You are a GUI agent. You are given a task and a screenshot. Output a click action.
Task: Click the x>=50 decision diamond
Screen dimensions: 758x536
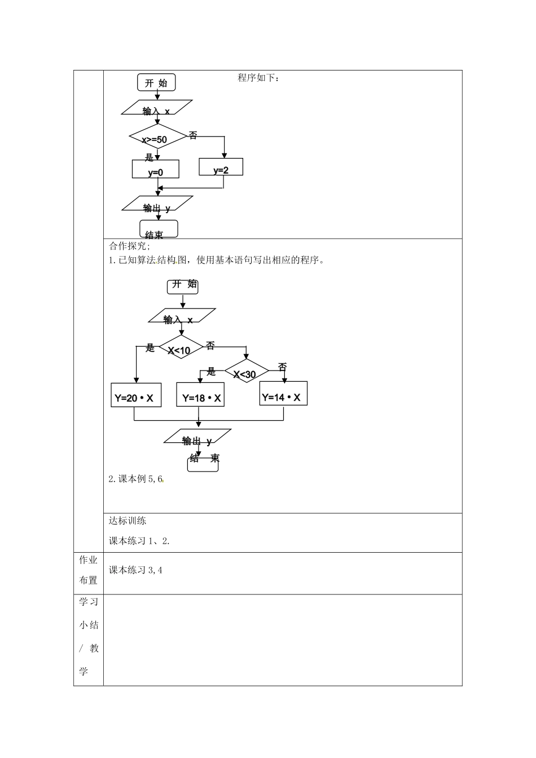(x=157, y=136)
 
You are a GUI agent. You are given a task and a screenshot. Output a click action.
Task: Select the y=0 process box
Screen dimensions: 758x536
(x=155, y=169)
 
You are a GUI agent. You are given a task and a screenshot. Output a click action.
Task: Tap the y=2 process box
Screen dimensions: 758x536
(x=221, y=167)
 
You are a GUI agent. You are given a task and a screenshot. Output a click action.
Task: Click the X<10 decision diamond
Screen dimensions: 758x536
(x=181, y=347)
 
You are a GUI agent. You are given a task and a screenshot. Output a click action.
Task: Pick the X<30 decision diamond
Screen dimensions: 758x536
(x=247, y=372)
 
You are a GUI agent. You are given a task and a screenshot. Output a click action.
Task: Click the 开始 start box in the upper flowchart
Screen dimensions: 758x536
(x=156, y=82)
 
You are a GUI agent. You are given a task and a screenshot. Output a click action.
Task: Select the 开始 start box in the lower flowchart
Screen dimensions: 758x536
(x=183, y=286)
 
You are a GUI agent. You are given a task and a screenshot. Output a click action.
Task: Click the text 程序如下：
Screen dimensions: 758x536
(x=258, y=78)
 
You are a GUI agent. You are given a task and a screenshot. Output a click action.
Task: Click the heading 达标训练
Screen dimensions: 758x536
(x=128, y=521)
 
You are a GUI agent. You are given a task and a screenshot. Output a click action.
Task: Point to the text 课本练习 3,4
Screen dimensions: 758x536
(x=135, y=570)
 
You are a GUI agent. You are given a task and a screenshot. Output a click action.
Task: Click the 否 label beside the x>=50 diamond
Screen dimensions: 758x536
(x=193, y=135)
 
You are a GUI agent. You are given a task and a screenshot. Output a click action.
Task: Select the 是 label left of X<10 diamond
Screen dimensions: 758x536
(x=150, y=347)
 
